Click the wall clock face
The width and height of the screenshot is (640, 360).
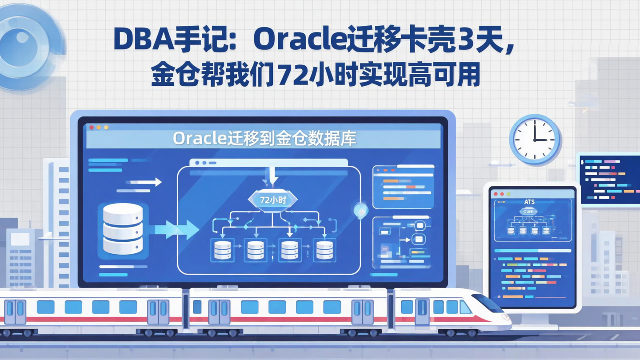535,139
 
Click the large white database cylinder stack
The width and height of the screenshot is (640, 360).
123,229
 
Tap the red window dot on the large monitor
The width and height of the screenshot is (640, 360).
92,128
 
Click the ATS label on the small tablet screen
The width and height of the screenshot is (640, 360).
529,202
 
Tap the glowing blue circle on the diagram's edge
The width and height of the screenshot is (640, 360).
360,209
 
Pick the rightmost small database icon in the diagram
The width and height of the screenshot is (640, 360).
323,251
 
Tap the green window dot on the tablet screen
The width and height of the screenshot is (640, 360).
508,194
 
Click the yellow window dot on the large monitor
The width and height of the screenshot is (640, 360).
99,128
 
